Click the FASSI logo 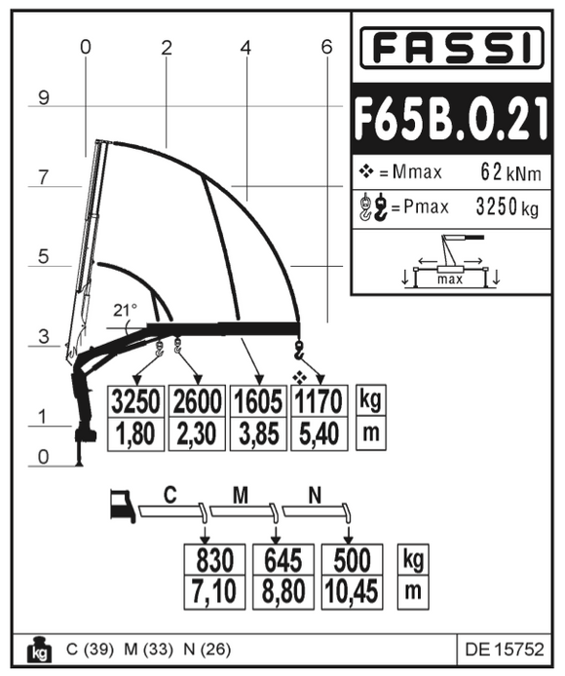click(451, 49)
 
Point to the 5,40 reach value click(318, 433)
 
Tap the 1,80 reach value click(135, 433)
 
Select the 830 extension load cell click(214, 560)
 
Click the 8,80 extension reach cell click(282, 590)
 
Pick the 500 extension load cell click(351, 560)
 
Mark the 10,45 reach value click(351, 590)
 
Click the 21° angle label click(125, 311)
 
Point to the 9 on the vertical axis click(44, 97)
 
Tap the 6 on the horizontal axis click(326, 46)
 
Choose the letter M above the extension click(241, 496)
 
